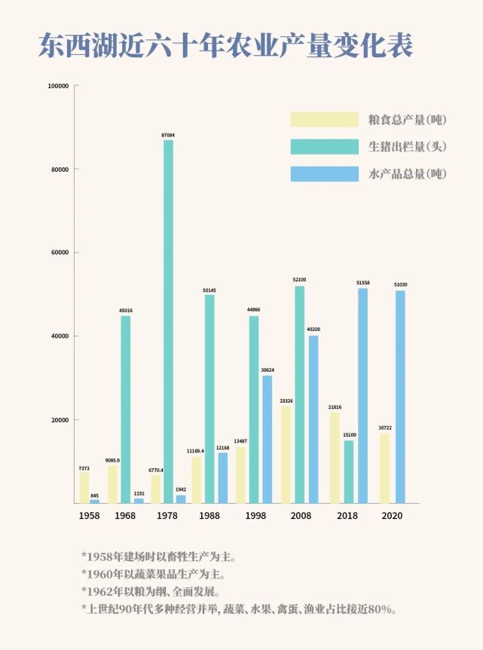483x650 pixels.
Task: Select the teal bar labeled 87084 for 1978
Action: (x=168, y=321)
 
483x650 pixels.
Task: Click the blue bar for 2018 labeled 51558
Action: (x=363, y=395)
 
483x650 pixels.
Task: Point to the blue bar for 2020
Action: (x=400, y=397)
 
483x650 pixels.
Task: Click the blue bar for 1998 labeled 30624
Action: (x=267, y=439)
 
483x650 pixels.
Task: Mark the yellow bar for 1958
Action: (x=84, y=487)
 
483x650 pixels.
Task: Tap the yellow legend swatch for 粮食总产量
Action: (x=324, y=119)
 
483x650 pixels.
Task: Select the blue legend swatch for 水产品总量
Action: (x=324, y=173)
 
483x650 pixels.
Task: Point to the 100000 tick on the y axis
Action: (x=58, y=86)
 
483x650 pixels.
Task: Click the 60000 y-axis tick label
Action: (x=60, y=253)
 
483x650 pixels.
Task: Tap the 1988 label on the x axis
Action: (x=209, y=516)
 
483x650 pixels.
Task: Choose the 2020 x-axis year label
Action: (x=393, y=516)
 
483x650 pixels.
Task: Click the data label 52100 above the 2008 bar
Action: (x=299, y=280)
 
